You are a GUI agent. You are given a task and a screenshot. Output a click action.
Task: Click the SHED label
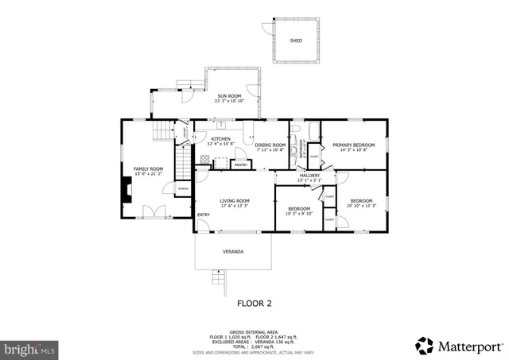pos(296,40)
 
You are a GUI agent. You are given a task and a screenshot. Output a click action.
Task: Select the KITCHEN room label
pos(220,138)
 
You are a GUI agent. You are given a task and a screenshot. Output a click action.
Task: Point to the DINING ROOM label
pos(270,145)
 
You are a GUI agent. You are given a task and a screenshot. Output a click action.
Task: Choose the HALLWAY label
pos(309,175)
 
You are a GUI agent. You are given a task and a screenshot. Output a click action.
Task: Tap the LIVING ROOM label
pos(235,201)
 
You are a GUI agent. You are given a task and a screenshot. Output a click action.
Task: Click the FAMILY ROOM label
pos(148,168)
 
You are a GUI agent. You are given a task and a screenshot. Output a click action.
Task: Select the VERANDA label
pos(232,252)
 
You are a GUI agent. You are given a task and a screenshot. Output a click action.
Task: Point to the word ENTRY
pos(204,215)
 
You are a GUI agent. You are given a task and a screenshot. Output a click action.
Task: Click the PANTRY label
pos(240,165)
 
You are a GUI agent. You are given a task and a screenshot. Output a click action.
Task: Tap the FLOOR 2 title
pos(254,303)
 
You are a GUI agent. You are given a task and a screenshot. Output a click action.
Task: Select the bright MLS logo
pos(30,348)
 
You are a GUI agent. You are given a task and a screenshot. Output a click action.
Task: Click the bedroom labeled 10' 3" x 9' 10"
pos(300,210)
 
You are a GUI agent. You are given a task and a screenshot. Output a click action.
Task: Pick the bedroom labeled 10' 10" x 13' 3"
pos(361,202)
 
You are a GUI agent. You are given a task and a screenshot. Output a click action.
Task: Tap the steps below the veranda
pos(217,277)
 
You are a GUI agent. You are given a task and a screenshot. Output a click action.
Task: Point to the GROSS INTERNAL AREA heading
pos(254,333)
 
